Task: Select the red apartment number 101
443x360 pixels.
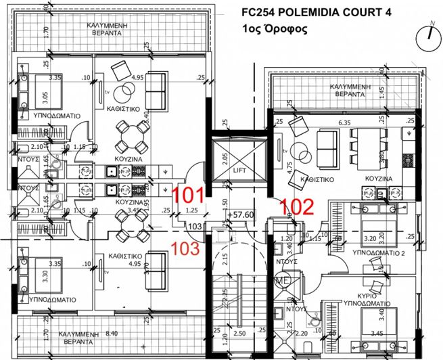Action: point(189,196)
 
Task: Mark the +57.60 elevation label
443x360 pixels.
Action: point(240,215)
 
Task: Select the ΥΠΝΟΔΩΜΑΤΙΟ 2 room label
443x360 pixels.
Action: point(367,251)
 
